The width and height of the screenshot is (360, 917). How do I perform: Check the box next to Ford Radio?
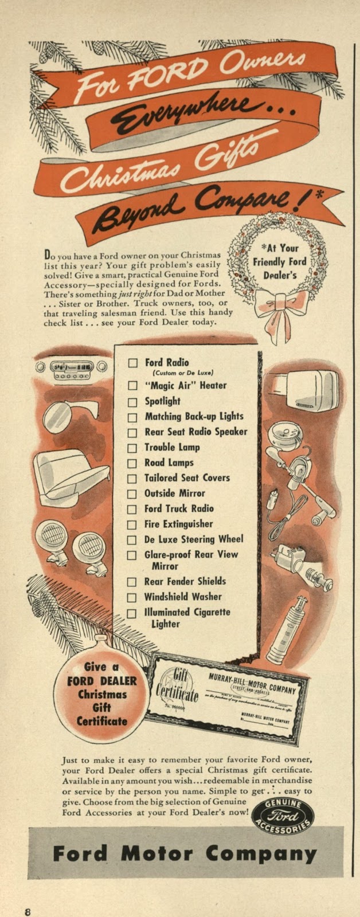point(133,363)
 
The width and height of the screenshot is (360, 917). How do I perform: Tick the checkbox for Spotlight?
point(133,402)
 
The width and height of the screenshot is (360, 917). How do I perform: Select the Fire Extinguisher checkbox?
point(132,524)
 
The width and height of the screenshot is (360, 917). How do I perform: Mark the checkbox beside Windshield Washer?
point(132,597)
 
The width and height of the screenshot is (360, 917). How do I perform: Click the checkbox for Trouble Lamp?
point(132,448)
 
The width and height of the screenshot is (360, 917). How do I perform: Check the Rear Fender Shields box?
point(132,582)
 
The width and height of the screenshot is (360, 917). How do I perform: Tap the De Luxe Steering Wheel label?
point(194,539)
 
